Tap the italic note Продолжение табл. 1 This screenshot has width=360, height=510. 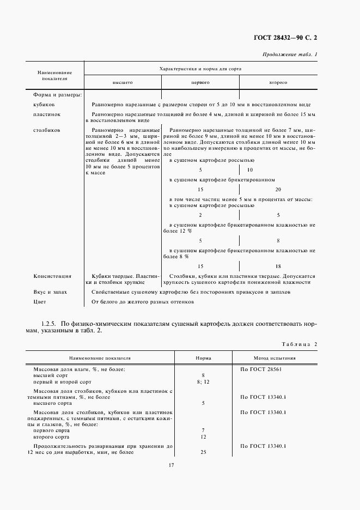click(290, 54)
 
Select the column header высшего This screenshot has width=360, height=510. click(123, 82)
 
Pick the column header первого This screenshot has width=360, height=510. click(200, 82)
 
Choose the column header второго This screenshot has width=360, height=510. click(278, 82)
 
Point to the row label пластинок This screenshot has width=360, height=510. click(46, 114)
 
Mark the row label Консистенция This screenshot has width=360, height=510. click(52, 276)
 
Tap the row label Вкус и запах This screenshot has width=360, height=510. click(50, 292)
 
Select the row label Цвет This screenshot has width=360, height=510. click(40, 302)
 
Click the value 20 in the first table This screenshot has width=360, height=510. click(278, 190)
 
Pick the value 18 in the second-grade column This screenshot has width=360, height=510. click(278, 266)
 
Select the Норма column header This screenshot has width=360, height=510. click(203, 359)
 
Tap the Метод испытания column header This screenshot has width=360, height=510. click(274, 359)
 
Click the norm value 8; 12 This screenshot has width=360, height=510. click(203, 382)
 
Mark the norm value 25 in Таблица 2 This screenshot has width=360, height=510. click(203, 452)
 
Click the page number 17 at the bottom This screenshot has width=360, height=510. click(171, 465)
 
